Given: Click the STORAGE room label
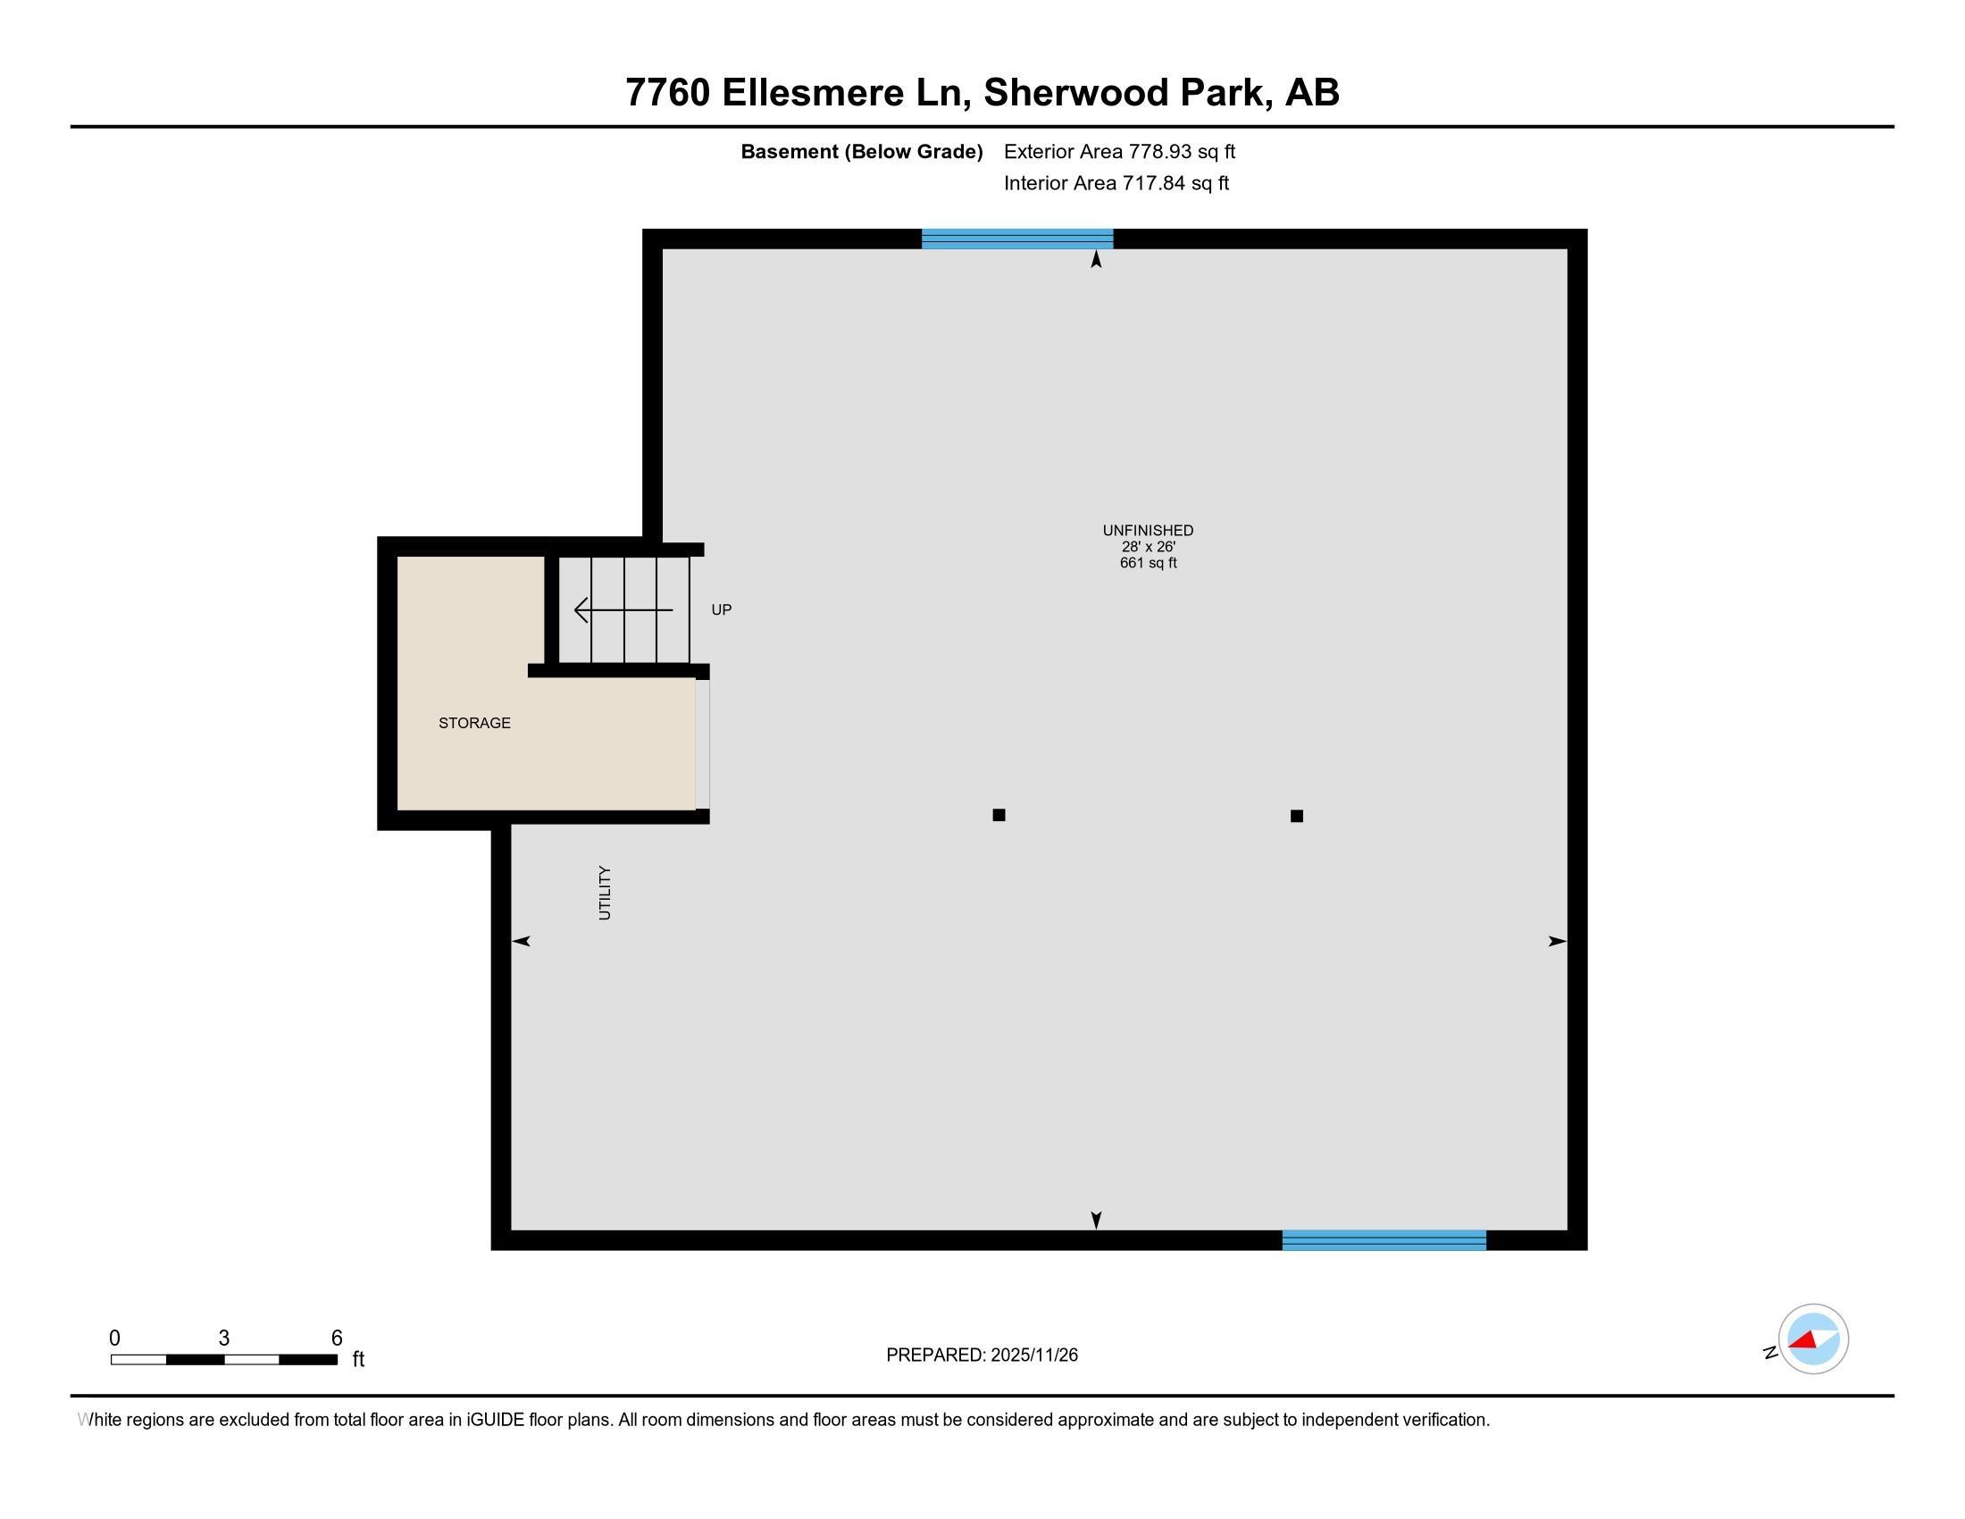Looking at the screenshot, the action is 474,723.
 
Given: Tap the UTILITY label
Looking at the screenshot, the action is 605,893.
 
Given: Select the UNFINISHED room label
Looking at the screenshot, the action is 1148,531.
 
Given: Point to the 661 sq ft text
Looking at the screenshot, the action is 1148,563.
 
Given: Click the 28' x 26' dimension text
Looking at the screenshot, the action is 1148,547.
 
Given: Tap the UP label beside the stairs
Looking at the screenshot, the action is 722,610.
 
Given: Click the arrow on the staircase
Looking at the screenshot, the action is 623,610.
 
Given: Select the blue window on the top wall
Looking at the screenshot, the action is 1017,239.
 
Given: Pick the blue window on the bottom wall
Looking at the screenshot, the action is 1384,1240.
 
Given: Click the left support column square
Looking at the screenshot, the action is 999,815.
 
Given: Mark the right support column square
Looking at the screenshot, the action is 1297,816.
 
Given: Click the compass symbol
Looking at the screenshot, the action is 1813,1339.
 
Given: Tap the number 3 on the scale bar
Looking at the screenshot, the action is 224,1339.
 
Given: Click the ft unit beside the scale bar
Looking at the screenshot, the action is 358,1359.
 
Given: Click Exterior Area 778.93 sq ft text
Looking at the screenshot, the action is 1119,152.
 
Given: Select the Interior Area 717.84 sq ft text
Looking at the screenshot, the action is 1116,183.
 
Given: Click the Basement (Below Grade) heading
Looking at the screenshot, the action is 861,152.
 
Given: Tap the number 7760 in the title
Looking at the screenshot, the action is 667,93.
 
